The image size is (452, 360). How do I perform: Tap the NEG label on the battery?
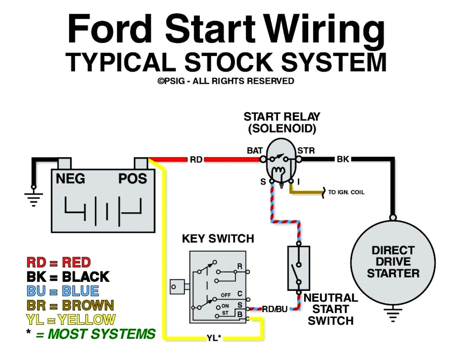coord(70,179)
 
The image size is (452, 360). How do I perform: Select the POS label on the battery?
coord(132,179)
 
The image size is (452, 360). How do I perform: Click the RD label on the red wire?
coord(196,160)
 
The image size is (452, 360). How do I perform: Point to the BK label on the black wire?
coord(343,159)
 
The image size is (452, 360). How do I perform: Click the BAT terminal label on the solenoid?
coord(255,151)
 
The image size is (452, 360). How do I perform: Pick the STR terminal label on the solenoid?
coord(306,151)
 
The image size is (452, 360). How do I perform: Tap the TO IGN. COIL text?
coord(346,192)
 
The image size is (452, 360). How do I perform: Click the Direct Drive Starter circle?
coord(393,262)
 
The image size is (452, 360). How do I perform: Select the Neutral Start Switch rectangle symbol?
coord(299,268)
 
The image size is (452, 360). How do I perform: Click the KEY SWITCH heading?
coord(218,239)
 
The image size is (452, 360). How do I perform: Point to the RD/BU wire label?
coord(275,310)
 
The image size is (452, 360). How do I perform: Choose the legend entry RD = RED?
coord(59,262)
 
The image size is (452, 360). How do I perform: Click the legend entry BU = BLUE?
coord(63,291)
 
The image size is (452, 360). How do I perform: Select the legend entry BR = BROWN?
coord(70,305)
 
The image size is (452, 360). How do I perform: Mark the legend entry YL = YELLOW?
coord(70,319)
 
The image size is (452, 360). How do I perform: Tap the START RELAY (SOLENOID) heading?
coord(282,122)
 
